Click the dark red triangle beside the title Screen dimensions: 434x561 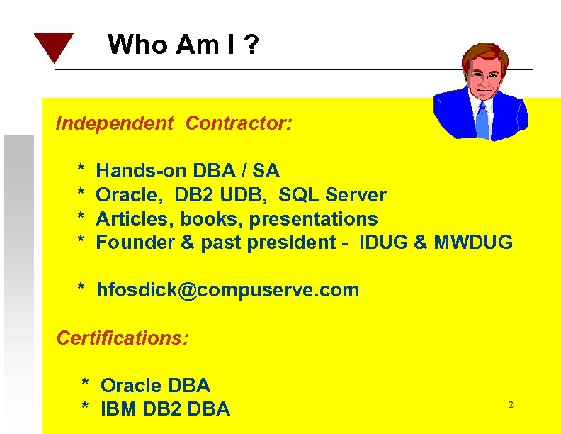(x=53, y=45)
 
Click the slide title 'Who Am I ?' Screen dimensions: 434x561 (x=183, y=45)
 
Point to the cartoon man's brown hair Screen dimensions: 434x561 (x=482, y=55)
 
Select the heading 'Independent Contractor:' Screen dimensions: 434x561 (x=174, y=123)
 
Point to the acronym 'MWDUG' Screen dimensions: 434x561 (x=472, y=243)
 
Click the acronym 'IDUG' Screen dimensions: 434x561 (x=383, y=243)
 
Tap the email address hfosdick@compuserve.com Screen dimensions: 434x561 (x=227, y=290)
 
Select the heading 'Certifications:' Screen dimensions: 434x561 (x=123, y=338)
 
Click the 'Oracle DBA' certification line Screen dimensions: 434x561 (x=155, y=386)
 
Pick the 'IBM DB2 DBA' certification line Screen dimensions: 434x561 (x=165, y=409)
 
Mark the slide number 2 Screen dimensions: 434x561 (x=510, y=405)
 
